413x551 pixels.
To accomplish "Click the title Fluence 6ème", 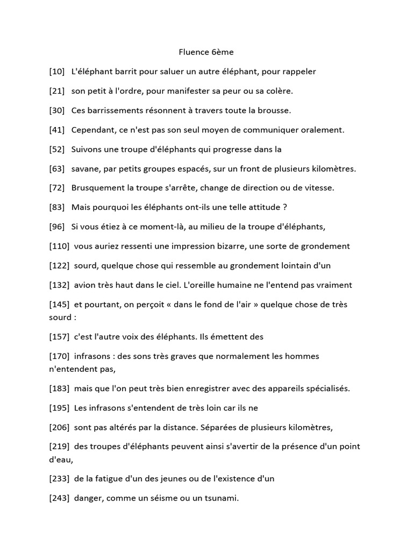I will (x=206, y=53).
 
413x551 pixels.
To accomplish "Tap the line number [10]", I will (x=56, y=72).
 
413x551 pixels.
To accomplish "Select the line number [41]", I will (x=56, y=130).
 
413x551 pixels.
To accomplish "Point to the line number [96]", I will (x=56, y=227).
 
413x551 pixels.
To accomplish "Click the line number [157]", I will (x=59, y=336).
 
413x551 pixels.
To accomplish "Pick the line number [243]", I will (x=59, y=498).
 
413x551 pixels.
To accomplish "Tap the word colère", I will (x=277, y=91).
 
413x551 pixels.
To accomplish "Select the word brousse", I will (x=273, y=110).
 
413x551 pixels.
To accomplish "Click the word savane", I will (x=86, y=168).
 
